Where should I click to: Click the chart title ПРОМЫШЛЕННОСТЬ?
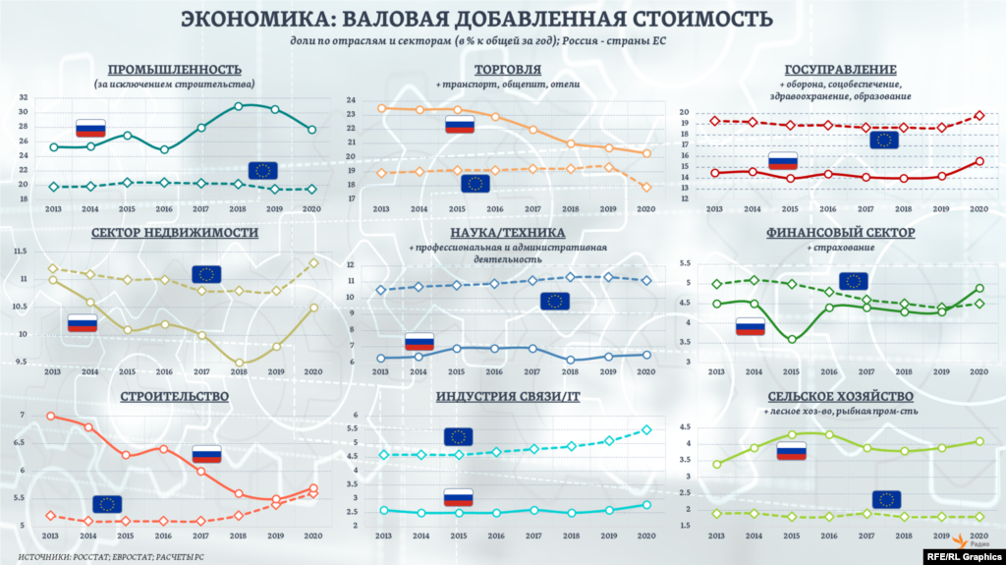pyautogui.click(x=174, y=69)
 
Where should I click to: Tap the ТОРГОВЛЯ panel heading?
pyautogui.click(x=507, y=70)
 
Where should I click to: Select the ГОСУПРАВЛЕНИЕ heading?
pyautogui.click(x=840, y=70)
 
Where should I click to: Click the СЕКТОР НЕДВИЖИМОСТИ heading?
pyautogui.click(x=175, y=233)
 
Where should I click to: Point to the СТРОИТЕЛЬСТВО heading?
pyautogui.click(x=175, y=396)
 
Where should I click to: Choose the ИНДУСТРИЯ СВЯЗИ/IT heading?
pyautogui.click(x=506, y=396)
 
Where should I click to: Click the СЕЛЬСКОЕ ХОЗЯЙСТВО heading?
pyautogui.click(x=840, y=396)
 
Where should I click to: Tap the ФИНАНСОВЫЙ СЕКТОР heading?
pyautogui.click(x=840, y=233)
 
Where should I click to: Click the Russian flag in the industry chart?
pyautogui.click(x=90, y=128)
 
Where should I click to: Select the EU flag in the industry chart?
pyautogui.click(x=262, y=170)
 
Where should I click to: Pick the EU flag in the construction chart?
pyautogui.click(x=107, y=504)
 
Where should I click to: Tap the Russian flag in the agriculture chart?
pyautogui.click(x=791, y=450)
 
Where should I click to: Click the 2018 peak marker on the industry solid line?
pyautogui.click(x=238, y=106)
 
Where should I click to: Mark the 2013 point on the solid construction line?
pyautogui.click(x=51, y=416)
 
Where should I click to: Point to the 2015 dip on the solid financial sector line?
pyautogui.click(x=792, y=339)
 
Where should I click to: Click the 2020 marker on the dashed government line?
pyautogui.click(x=978, y=116)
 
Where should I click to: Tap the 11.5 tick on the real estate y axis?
pyautogui.click(x=20, y=253)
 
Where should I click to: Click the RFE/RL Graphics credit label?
pyautogui.click(x=963, y=555)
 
